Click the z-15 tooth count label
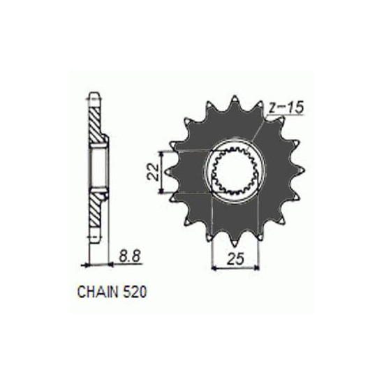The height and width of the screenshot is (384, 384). point(286,108)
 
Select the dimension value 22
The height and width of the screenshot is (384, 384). point(153,172)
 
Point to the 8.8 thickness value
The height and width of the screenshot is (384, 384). point(129,257)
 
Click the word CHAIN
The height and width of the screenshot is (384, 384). point(98,292)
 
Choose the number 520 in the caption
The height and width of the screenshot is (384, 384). point(135,292)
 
